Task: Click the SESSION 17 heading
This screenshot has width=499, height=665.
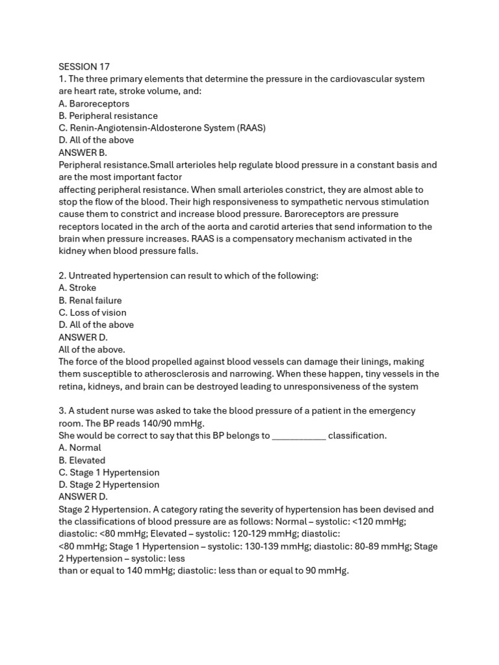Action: point(84,67)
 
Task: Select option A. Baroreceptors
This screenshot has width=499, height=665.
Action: point(94,104)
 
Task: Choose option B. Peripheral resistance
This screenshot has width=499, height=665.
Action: point(108,116)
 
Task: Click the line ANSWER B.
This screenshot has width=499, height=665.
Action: point(83,153)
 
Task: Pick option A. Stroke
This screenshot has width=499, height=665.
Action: point(77,288)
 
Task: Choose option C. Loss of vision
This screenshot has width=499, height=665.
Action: point(92,312)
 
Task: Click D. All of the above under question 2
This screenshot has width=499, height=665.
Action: point(96,325)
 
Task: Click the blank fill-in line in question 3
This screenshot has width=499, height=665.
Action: point(298,436)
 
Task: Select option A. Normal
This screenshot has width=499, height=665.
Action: point(80,447)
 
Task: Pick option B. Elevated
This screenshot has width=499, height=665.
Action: point(82,460)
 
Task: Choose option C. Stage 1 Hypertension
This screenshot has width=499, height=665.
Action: point(109,472)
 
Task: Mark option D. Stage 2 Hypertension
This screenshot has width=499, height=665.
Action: point(109,484)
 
